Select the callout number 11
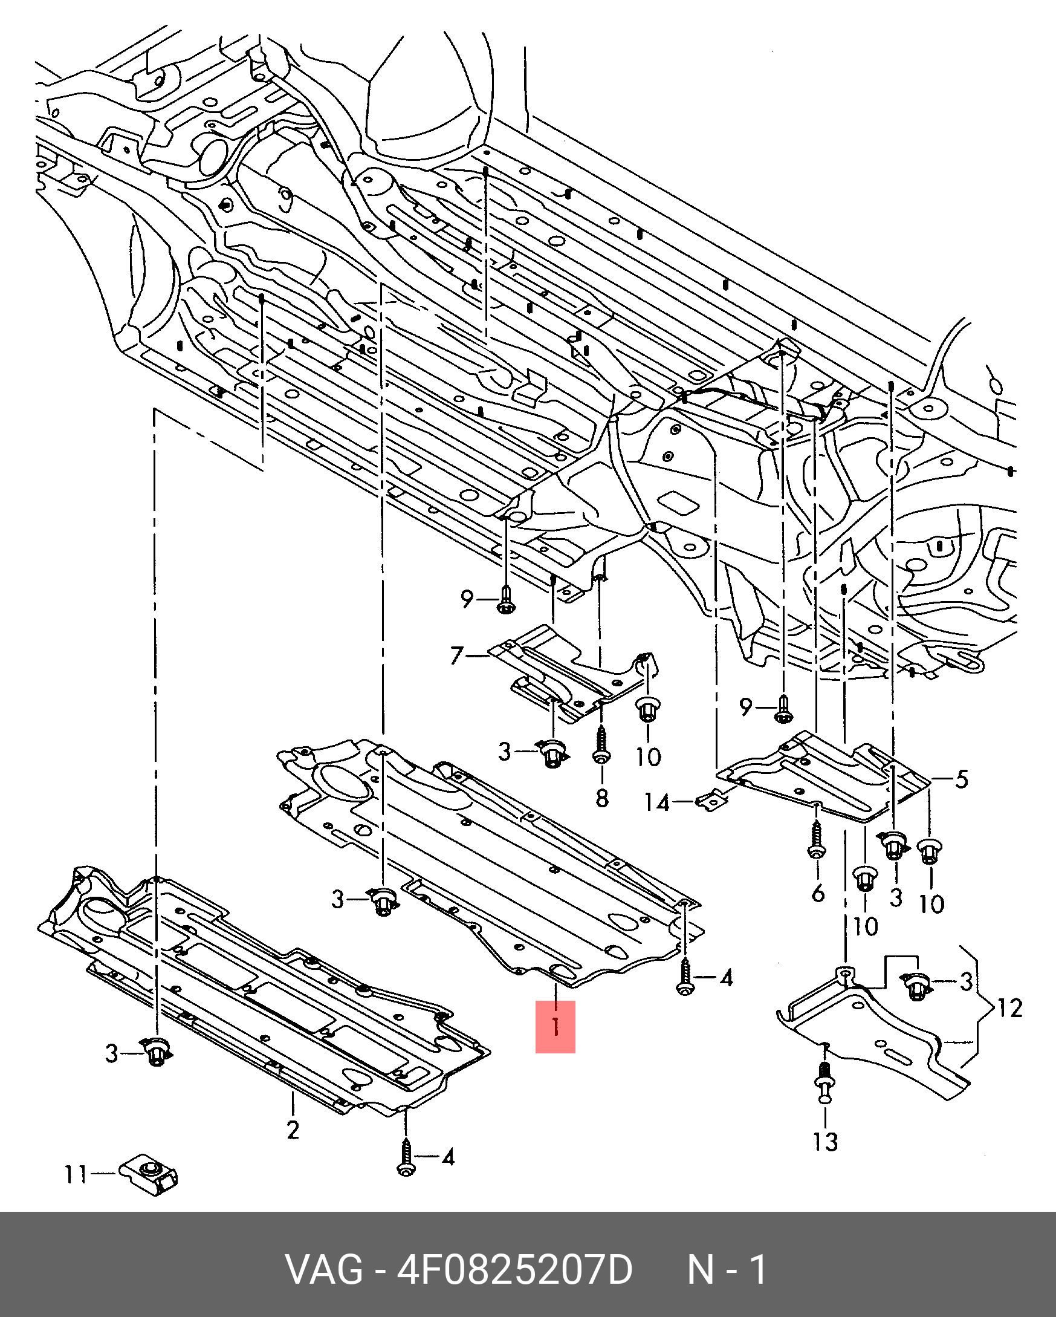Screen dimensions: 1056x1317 coord(76,1175)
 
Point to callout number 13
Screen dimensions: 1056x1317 coord(825,1140)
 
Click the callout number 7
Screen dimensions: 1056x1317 coord(457,656)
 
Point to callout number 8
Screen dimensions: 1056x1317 coord(602,797)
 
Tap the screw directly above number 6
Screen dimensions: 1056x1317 coord(817,838)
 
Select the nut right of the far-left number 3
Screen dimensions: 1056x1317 coord(157,1053)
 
